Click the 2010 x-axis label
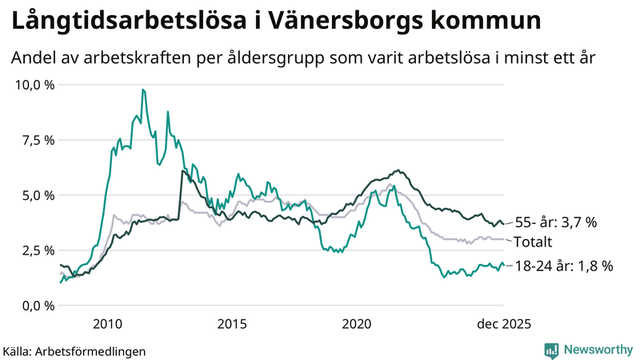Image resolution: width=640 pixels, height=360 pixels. click(107, 324)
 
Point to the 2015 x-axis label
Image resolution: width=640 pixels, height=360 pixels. click(232, 324)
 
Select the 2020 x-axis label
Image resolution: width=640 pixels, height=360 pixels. click(357, 324)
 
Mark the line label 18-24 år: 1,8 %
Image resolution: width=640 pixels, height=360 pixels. click(563, 266)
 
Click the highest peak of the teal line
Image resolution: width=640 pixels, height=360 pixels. click(142, 90)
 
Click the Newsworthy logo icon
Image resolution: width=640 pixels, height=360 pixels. click(551, 350)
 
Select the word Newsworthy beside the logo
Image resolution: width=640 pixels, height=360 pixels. click(598, 350)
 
